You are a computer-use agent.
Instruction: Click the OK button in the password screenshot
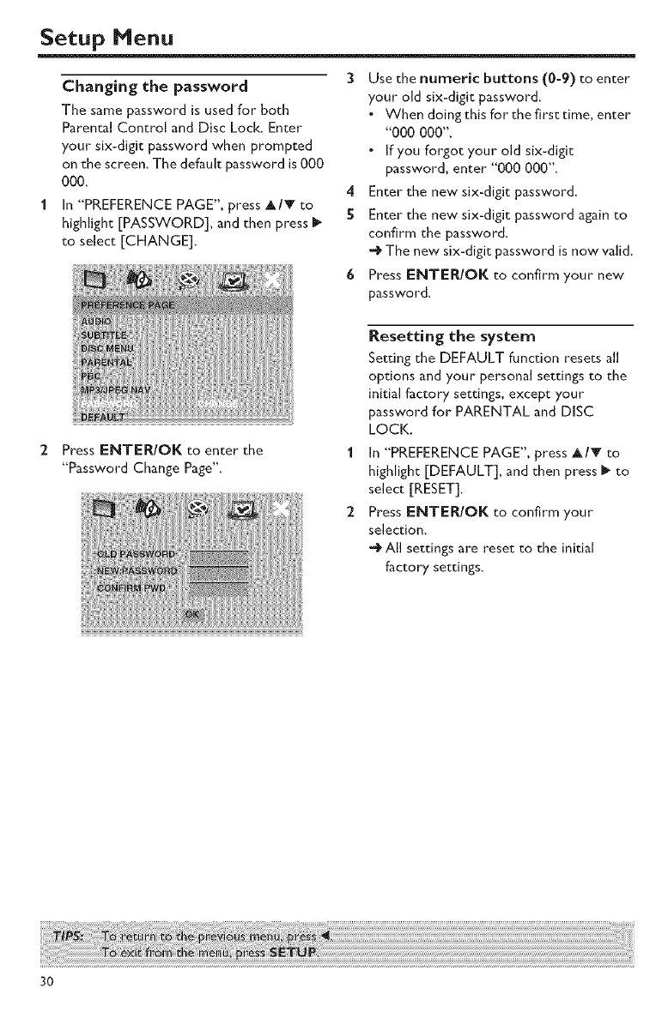pyautogui.click(x=191, y=615)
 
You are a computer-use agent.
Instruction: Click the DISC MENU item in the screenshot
pyautogui.click(x=110, y=348)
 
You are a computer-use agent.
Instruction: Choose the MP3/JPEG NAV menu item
pyautogui.click(x=119, y=389)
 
